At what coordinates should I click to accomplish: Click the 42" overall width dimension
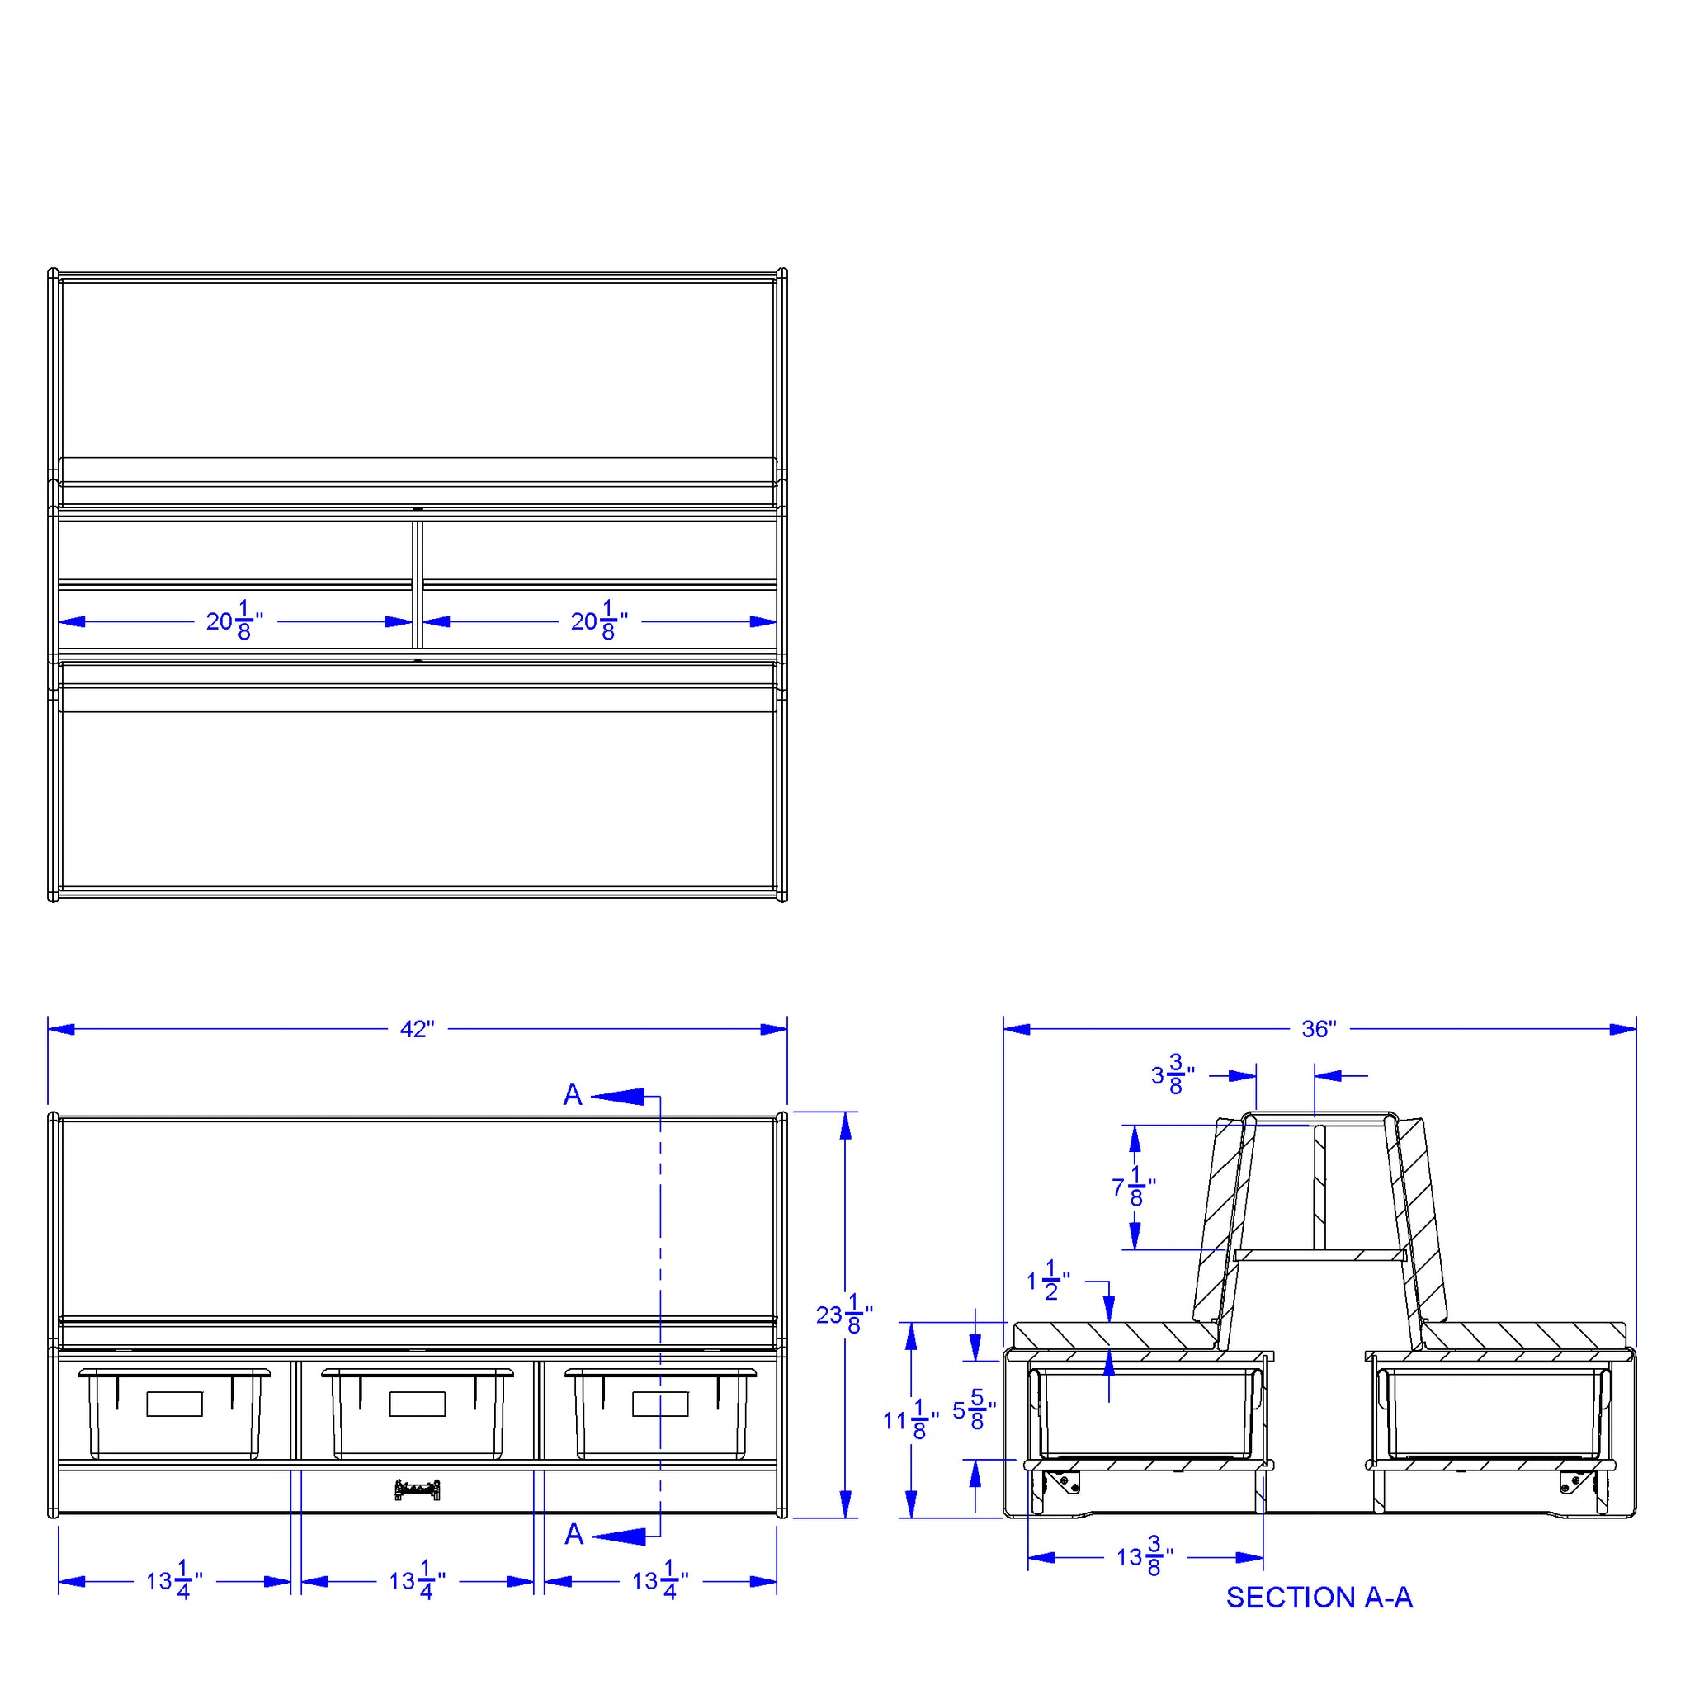point(417,1030)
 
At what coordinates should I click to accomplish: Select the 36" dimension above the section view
point(1319,1030)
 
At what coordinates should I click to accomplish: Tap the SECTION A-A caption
point(1319,1598)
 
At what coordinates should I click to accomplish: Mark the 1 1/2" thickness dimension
point(1048,1281)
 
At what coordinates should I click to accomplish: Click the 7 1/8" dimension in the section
point(1134,1187)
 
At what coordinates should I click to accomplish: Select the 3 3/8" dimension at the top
point(1173,1075)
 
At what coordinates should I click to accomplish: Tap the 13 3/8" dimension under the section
point(1145,1558)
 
